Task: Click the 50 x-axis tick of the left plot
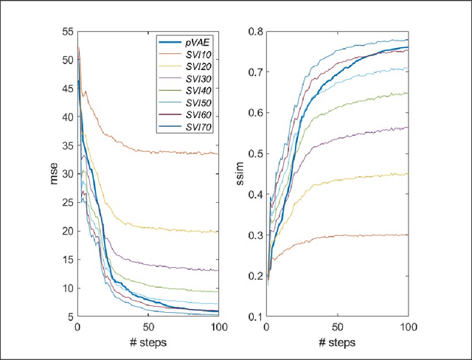(148, 327)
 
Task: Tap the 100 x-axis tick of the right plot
(408, 327)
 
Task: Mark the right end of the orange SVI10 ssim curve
(408, 235)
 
